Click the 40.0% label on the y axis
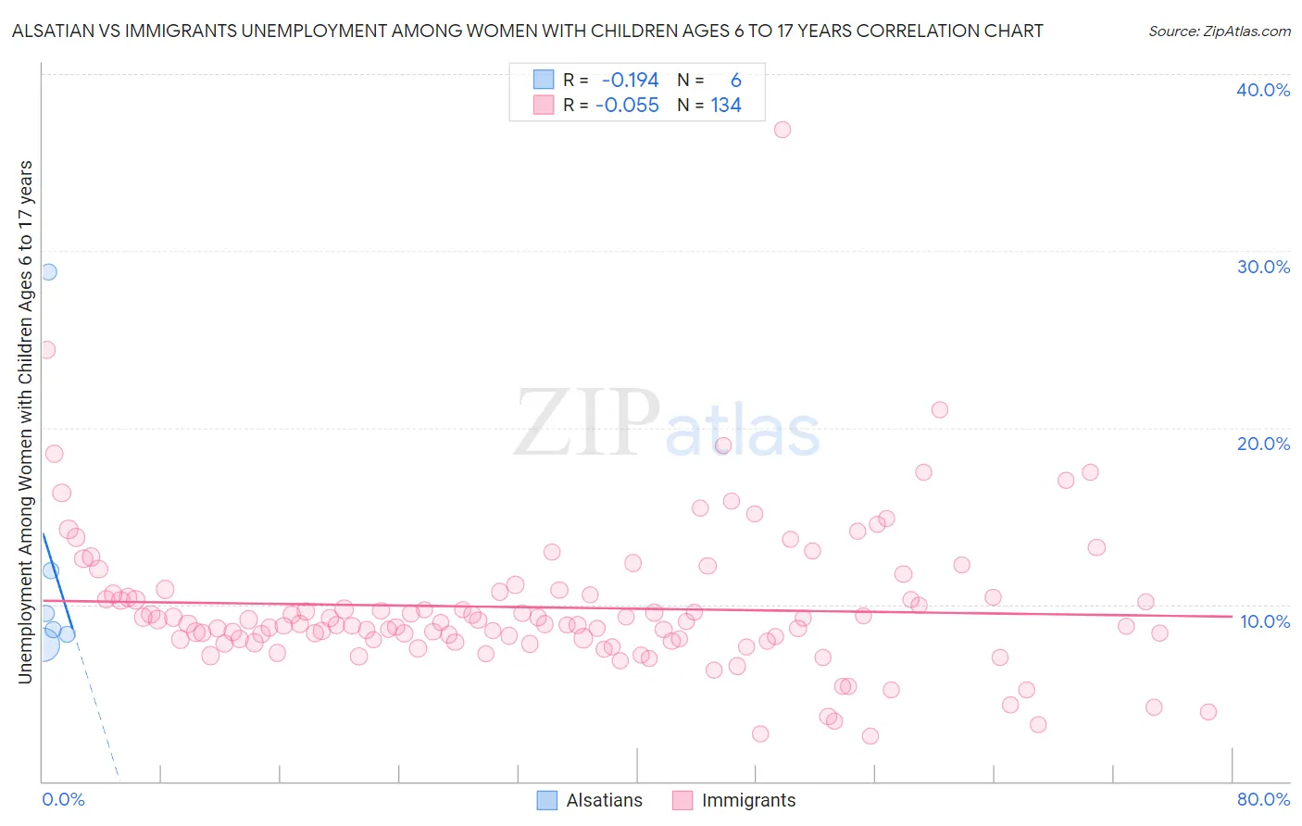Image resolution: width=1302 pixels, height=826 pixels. pyautogui.click(x=1263, y=90)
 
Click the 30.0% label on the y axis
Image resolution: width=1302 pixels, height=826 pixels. pyautogui.click(x=1263, y=267)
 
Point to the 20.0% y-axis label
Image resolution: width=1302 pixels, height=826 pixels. pyautogui.click(x=1263, y=444)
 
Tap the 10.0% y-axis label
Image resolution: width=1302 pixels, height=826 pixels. pyautogui.click(x=1265, y=621)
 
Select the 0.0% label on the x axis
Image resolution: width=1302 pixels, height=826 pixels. pyautogui.click(x=63, y=799)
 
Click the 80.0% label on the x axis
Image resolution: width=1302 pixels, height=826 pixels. pyautogui.click(x=1263, y=799)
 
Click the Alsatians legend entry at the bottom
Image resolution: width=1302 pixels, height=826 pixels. pyautogui.click(x=590, y=800)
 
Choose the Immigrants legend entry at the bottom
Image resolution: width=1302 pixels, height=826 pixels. pyautogui.click(x=734, y=800)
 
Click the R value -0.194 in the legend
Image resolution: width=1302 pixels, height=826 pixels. pyautogui.click(x=630, y=81)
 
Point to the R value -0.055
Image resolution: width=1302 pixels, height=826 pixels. pyautogui.click(x=627, y=106)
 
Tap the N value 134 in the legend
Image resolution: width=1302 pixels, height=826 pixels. pyautogui.click(x=726, y=106)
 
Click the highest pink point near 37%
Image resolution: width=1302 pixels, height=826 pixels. pyautogui.click(x=782, y=130)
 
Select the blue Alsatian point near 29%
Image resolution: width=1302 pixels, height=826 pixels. pyautogui.click(x=48, y=271)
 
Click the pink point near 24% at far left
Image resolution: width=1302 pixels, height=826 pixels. pyautogui.click(x=46, y=350)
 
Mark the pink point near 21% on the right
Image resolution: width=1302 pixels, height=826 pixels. pyautogui.click(x=940, y=409)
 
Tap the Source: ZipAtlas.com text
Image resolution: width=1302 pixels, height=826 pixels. pyautogui.click(x=1219, y=31)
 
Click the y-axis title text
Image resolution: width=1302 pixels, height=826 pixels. pyautogui.click(x=25, y=422)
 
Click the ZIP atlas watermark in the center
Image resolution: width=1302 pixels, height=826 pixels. pyautogui.click(x=667, y=424)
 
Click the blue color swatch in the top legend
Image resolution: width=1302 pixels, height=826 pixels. pyautogui.click(x=544, y=80)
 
